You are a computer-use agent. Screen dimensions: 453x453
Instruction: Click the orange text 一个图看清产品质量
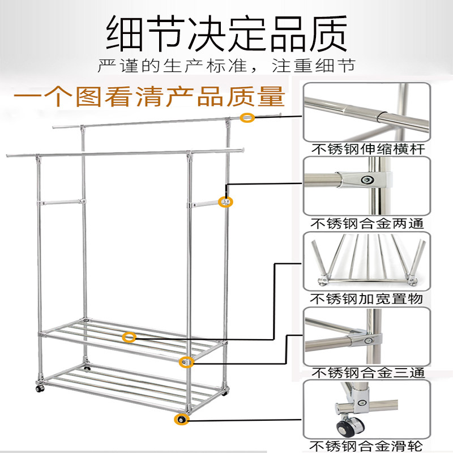tap(148, 96)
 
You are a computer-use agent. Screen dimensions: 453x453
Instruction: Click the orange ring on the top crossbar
tap(246, 117)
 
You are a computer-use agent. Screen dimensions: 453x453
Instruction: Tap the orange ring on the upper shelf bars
tap(130, 337)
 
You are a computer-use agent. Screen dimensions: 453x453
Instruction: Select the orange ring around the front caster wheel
tap(181, 420)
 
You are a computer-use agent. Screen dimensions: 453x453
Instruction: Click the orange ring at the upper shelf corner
tap(185, 362)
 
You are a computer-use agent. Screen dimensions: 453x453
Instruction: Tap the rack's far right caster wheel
tap(226, 392)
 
